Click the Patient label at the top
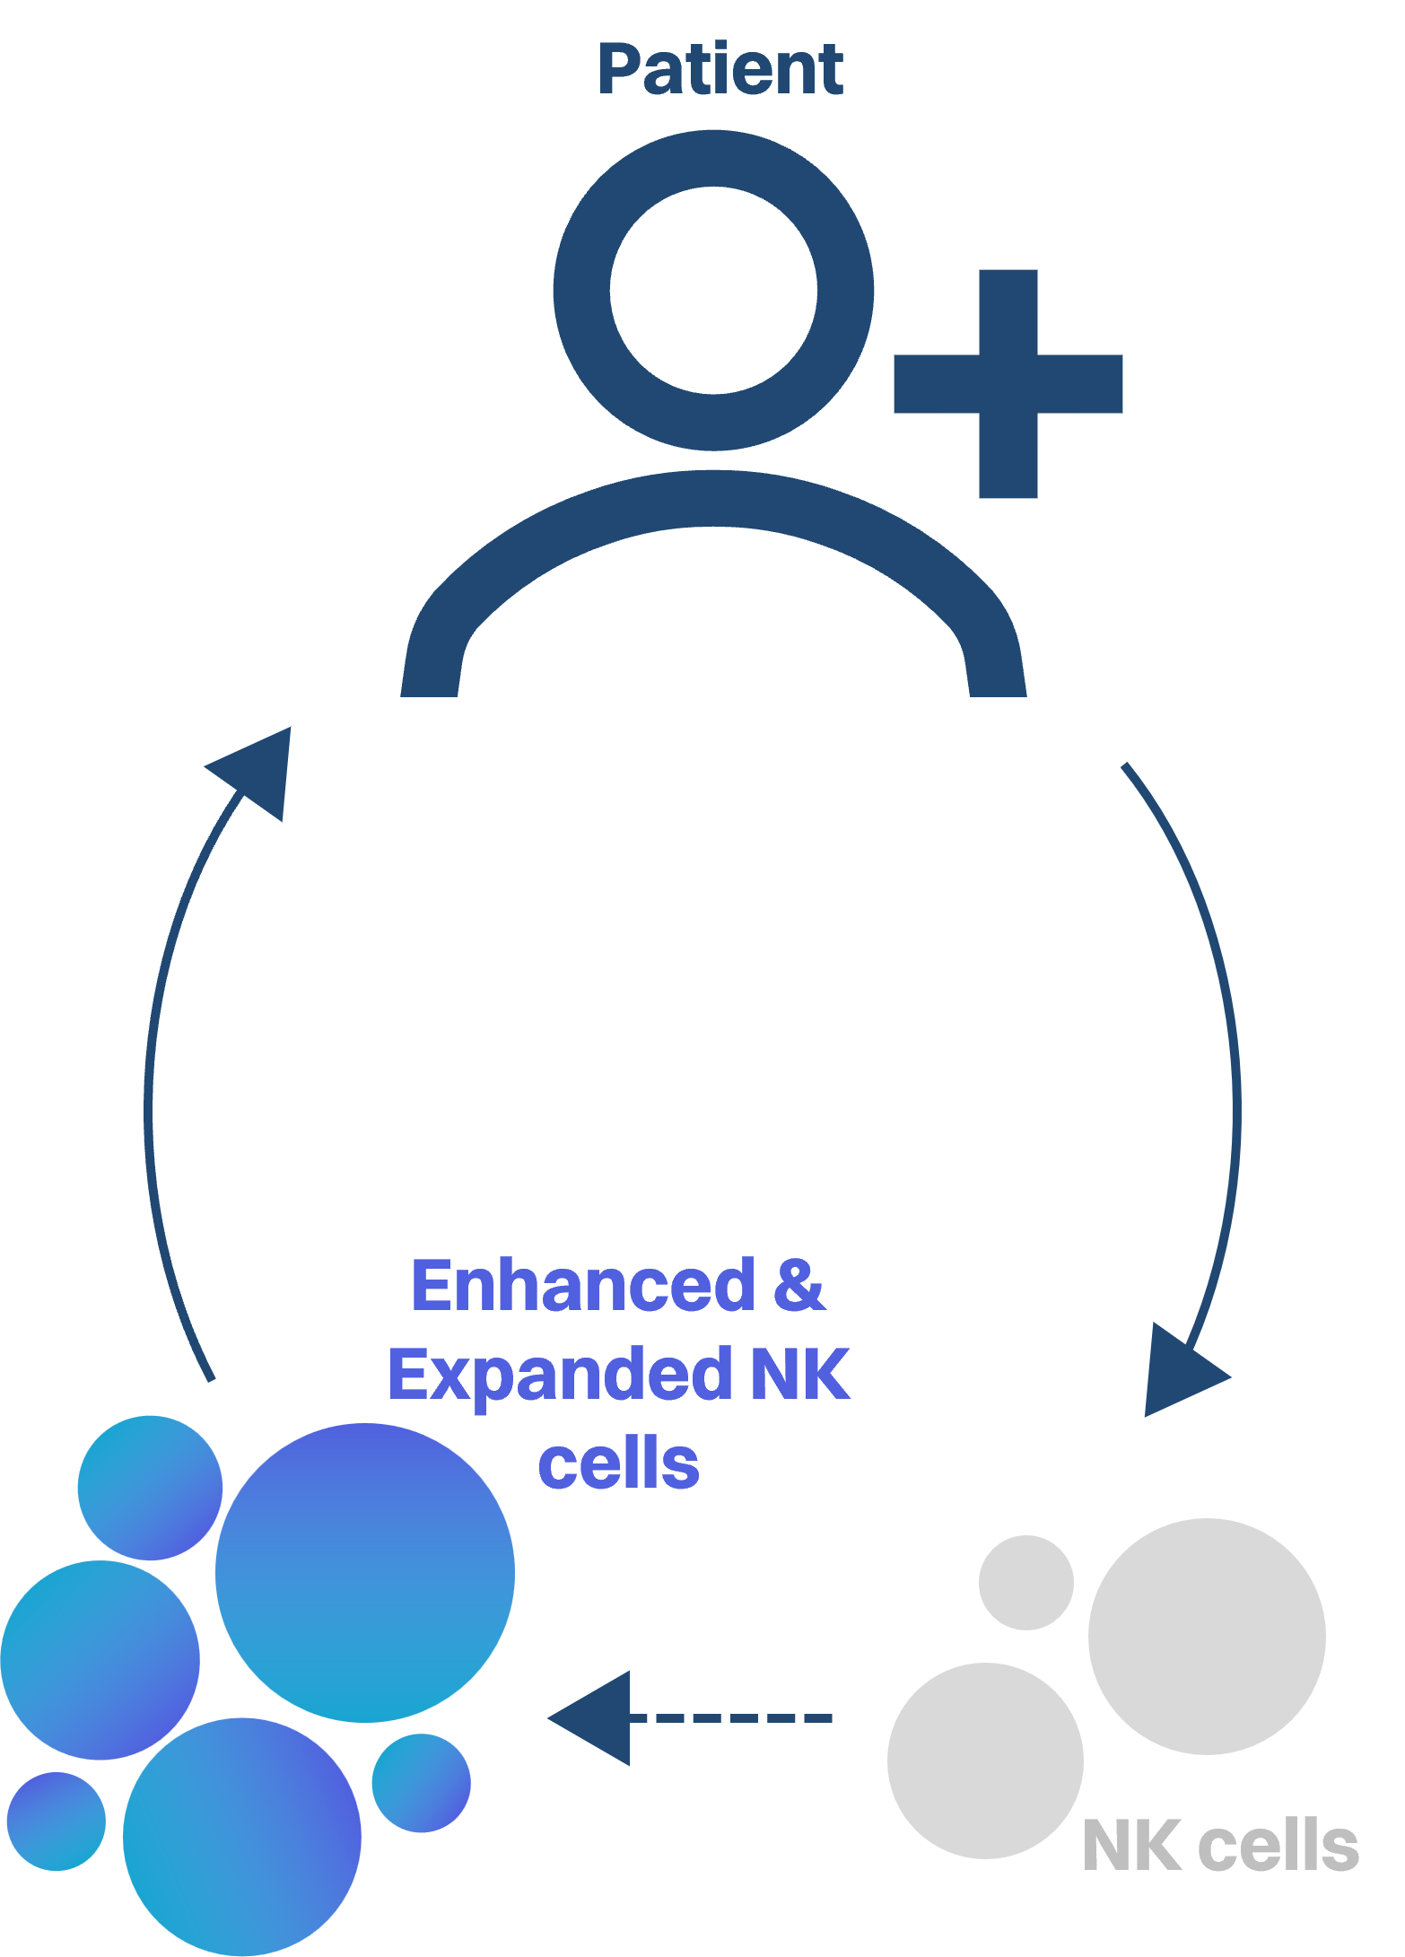720,69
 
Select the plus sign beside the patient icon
1008,384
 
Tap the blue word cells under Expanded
618,1463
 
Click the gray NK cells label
1220,1847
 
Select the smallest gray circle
1025,1583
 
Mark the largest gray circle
1207,1636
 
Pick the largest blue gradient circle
364,1572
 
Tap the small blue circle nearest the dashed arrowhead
421,1783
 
